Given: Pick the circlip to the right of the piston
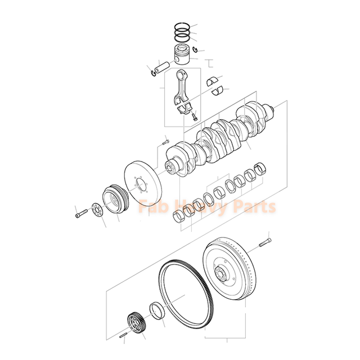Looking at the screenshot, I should (x=195, y=51).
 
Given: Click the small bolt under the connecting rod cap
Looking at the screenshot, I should (x=193, y=116).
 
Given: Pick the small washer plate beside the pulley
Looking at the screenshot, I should (x=97, y=211).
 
